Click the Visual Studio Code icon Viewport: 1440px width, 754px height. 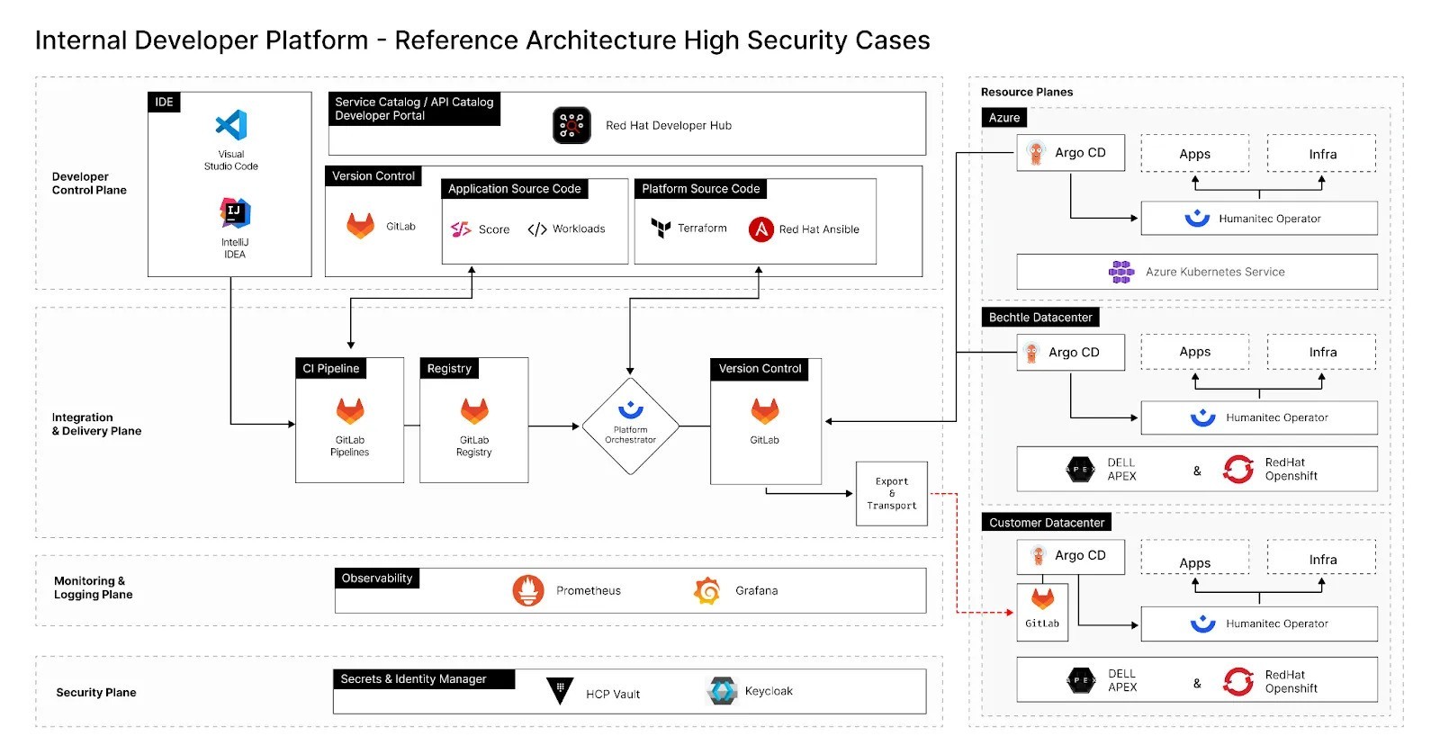[231, 125]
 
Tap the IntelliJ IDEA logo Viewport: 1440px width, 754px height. [235, 213]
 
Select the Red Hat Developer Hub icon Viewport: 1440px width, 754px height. [571, 125]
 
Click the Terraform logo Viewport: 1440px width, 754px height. [661, 229]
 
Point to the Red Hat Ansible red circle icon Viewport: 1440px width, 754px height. [761, 229]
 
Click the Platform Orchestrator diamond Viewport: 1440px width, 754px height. [630, 426]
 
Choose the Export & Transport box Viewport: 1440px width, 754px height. [891, 493]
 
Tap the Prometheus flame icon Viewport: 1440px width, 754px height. [528, 590]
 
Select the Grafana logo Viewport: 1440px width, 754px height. [707, 590]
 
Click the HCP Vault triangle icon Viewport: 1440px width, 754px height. [560, 691]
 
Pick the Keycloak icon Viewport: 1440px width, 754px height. [723, 691]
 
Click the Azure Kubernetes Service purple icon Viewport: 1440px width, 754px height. [1121, 272]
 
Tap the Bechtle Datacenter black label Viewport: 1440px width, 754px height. [1040, 318]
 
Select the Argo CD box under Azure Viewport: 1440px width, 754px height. [1071, 153]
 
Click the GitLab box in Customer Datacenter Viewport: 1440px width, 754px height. [1042, 612]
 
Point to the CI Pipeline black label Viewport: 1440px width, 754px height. [331, 368]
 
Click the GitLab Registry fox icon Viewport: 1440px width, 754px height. [474, 411]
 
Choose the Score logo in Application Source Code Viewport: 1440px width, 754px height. [461, 229]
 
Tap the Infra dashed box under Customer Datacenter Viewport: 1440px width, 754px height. [1321, 558]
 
